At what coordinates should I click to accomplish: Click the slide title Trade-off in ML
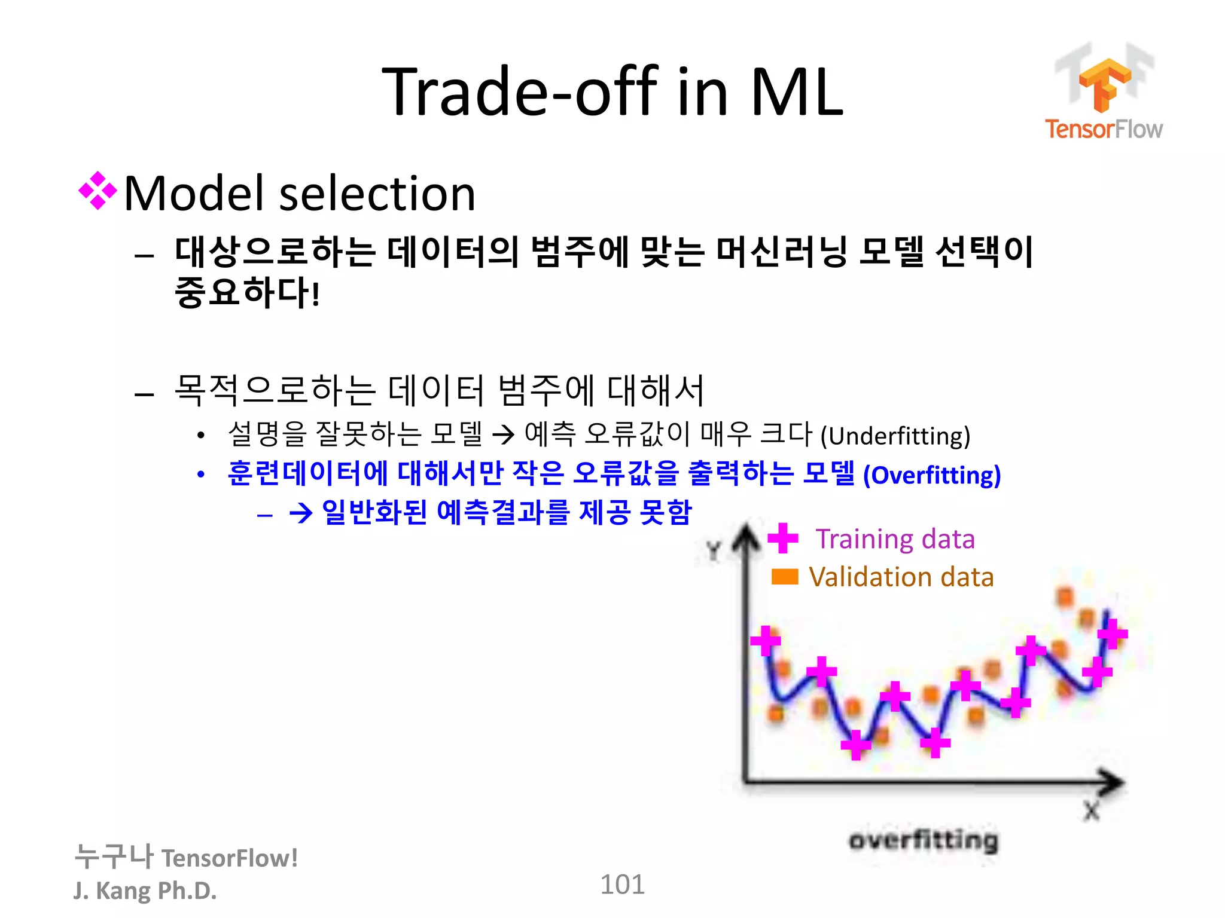612,93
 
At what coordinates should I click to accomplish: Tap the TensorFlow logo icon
1104,81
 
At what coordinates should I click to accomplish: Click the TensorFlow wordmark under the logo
1104,129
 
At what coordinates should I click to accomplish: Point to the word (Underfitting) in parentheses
895,436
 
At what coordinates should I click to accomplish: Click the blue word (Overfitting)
931,476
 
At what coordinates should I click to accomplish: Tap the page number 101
622,885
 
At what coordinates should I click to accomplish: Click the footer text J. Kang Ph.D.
145,891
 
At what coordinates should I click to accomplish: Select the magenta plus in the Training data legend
782,538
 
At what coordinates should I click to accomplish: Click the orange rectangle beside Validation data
784,577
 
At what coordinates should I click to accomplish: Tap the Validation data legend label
901,577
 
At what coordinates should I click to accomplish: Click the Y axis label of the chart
714,550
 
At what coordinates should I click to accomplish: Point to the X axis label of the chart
1092,811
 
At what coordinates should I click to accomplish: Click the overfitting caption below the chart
924,840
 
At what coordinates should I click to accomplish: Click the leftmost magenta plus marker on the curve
766,641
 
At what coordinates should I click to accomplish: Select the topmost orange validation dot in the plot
1065,596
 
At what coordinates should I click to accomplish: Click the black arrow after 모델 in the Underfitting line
503,435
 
